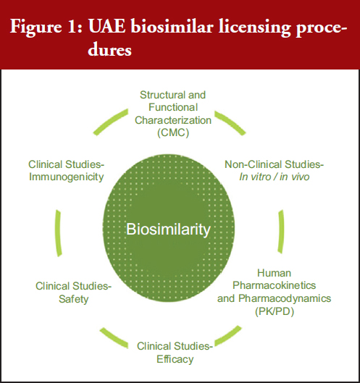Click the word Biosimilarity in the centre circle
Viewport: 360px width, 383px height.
pos(168,230)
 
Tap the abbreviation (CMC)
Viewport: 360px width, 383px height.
pos(173,133)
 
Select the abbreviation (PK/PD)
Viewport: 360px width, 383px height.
pos(275,311)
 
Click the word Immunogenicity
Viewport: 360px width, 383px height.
pos(66,177)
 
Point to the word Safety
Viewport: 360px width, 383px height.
pos(74,299)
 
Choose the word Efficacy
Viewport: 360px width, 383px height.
pos(175,359)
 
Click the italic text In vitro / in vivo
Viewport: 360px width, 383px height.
pos(275,177)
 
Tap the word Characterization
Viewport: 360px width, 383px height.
pos(173,120)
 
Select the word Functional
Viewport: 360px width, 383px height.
pos(173,107)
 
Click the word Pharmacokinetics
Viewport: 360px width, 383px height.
pos(275,285)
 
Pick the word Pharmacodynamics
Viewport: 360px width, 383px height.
pos(285,298)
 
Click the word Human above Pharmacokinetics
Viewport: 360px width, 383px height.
pos(275,273)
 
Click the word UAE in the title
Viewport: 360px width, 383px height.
pos(106,26)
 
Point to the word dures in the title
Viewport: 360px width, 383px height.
pos(109,50)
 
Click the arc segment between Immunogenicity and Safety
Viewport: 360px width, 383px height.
pos(58,233)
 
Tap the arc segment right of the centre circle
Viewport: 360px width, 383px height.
pos(281,232)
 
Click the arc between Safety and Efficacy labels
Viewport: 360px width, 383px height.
pos(114,338)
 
